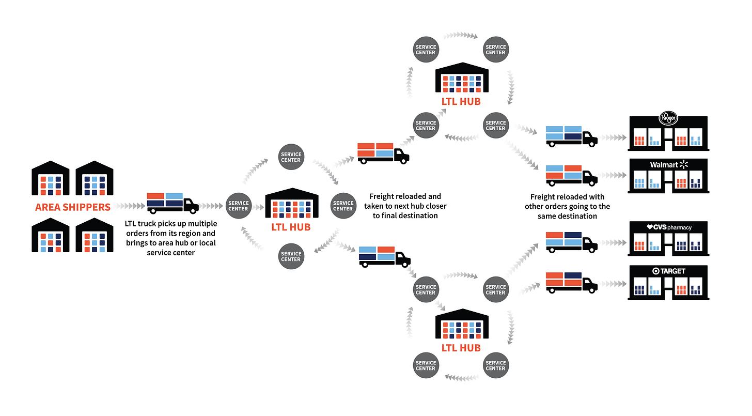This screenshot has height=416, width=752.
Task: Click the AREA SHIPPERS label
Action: (73, 207)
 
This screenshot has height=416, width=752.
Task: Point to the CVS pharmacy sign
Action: (669, 227)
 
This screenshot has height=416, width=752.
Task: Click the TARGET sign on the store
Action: (669, 271)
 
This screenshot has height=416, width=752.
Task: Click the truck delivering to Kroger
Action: (571, 135)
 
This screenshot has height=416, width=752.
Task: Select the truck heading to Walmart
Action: (571, 175)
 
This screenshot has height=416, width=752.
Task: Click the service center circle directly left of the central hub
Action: (239, 206)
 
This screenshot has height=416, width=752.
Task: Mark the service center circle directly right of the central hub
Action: (343, 206)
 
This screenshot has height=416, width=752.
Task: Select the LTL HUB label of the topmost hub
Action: (461, 101)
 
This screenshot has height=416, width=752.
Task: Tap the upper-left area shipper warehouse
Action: (51, 178)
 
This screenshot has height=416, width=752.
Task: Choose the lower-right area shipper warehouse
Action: (95, 235)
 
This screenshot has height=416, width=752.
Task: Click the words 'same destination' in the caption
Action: (567, 216)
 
